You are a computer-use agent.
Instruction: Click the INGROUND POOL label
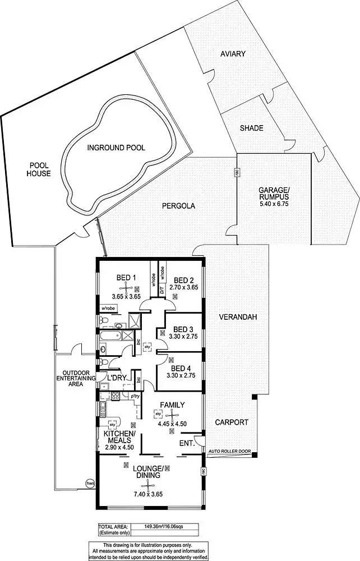(x=116, y=148)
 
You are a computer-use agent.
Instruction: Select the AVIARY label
(x=233, y=54)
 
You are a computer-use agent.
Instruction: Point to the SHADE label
(x=251, y=128)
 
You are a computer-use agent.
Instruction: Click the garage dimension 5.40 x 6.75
(x=273, y=204)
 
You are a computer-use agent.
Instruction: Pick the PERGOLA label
(x=178, y=206)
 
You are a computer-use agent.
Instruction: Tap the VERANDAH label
(x=238, y=317)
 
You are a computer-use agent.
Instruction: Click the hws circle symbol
(x=89, y=482)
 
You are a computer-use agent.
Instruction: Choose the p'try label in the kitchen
(x=135, y=397)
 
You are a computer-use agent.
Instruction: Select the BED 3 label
(x=183, y=329)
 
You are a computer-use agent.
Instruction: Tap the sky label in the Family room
(x=158, y=414)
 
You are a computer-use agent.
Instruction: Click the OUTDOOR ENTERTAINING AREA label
(x=76, y=379)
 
